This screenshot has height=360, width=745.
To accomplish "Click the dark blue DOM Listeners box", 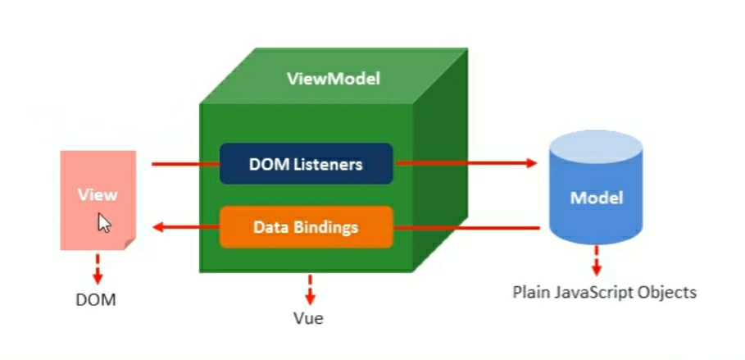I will pos(306,164).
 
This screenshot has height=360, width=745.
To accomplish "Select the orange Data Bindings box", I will pos(306,227).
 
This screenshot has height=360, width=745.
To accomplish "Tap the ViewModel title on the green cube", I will pos(333,80).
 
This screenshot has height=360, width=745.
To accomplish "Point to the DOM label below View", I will pos(96,300).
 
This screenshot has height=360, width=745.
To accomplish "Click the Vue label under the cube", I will pos(308,318).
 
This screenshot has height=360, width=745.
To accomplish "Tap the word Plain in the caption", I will pos(530,292).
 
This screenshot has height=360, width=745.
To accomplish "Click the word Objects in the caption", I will pos(669,292).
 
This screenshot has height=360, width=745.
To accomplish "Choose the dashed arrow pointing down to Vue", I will pos(310,289).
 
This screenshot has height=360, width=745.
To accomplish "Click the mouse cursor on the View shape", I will pos(104,223).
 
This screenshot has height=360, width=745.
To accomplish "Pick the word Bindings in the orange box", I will pos(328,227).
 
